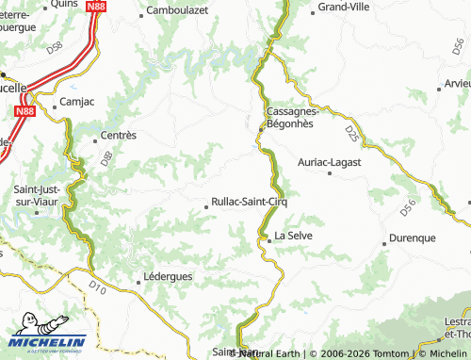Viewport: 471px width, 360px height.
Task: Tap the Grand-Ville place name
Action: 347,7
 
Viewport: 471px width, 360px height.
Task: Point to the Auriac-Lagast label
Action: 331,163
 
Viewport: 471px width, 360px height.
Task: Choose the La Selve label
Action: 293,235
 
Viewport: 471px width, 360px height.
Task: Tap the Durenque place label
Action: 412,238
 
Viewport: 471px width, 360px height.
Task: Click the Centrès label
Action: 118,135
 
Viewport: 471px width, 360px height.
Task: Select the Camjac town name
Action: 76,99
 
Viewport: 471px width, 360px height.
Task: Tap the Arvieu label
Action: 456,83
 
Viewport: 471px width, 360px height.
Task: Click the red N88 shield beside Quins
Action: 95,6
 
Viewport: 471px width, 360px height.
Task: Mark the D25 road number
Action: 351,133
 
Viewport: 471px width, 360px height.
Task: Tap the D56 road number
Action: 406,203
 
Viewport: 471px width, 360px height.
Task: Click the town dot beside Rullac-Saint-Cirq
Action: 207,205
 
